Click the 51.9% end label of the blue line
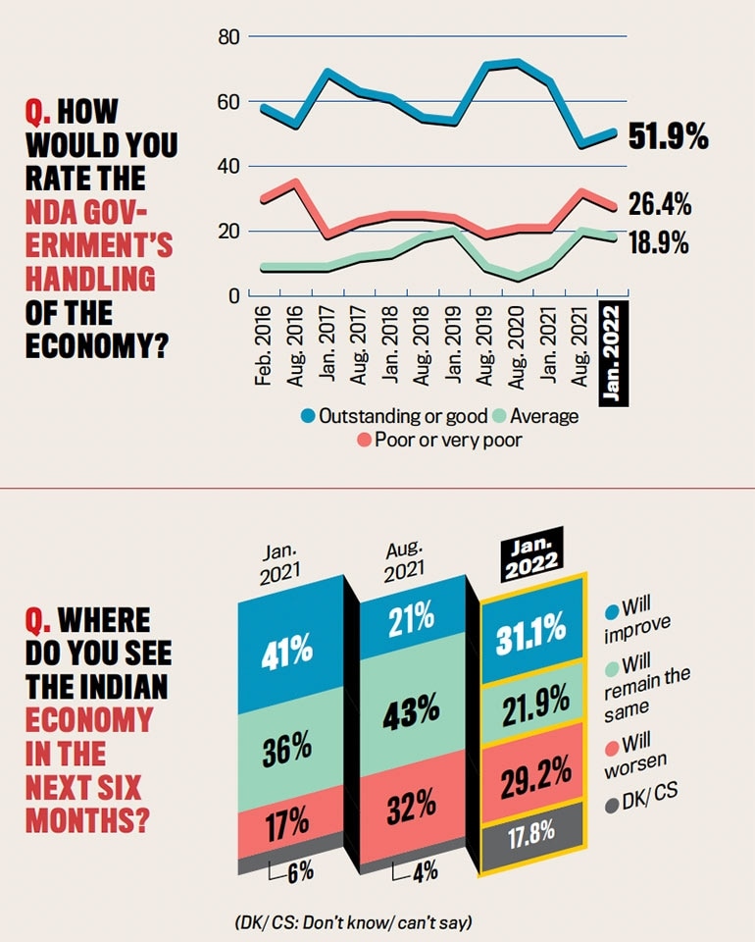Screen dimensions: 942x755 668,138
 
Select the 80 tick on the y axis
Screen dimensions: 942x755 229,37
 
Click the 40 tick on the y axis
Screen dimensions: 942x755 229,167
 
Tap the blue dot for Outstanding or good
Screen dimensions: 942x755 306,416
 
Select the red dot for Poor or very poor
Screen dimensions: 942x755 363,441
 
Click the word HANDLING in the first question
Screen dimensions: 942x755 90,279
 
